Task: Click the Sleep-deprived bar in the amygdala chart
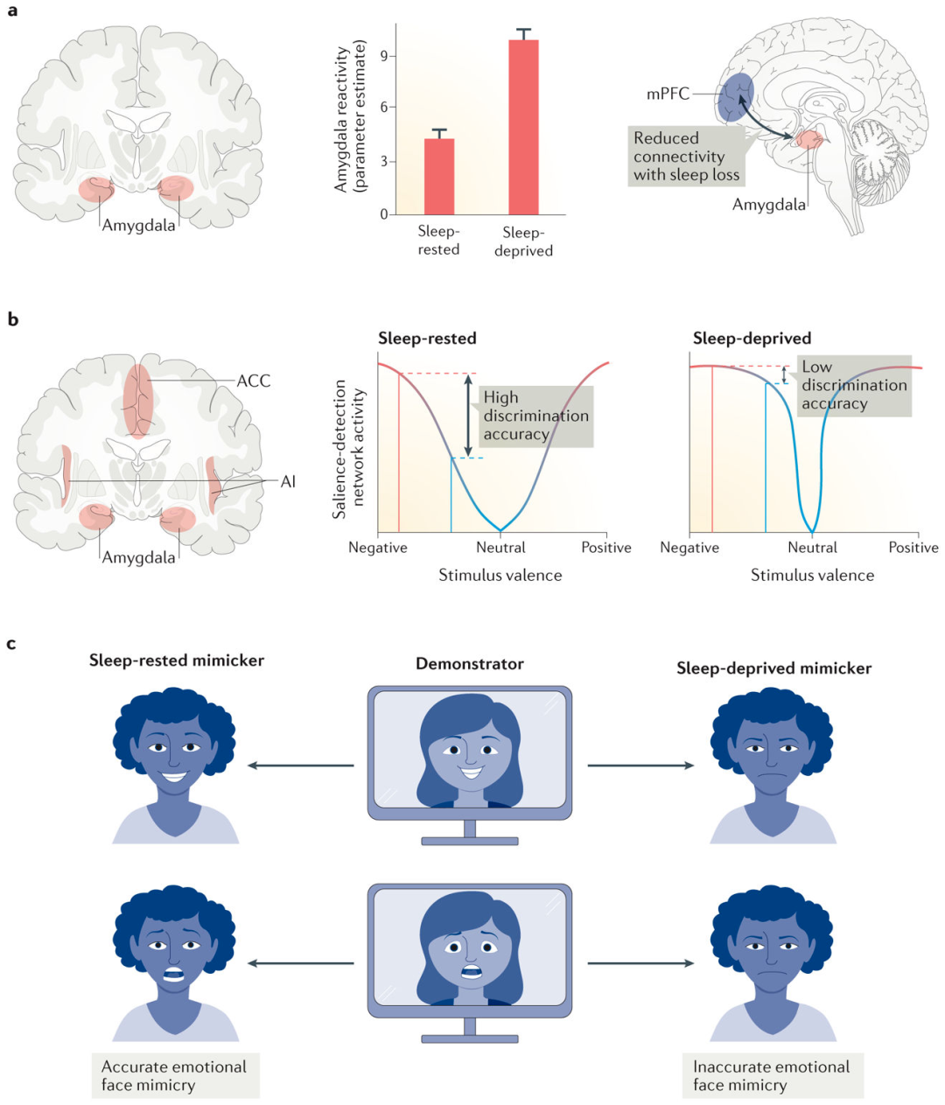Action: click(523, 127)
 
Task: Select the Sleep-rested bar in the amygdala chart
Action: click(438, 176)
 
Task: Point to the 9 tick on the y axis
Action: click(383, 56)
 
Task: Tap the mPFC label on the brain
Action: click(668, 94)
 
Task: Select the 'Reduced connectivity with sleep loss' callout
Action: click(686, 157)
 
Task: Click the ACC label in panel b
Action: click(254, 381)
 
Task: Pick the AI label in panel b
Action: click(288, 481)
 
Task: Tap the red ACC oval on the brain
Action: click(137, 400)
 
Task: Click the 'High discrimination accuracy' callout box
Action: click(535, 416)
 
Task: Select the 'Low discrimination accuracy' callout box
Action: click(854, 385)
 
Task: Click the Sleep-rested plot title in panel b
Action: click(427, 339)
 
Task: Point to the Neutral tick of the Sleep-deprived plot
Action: click(812, 548)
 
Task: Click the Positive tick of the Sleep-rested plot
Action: click(606, 548)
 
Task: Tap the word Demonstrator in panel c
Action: click(470, 664)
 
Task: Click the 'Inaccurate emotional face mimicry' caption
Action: click(771, 1075)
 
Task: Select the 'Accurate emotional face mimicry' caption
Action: click(174, 1075)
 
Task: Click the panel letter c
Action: click(11, 644)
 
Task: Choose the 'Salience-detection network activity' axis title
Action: click(348, 449)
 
